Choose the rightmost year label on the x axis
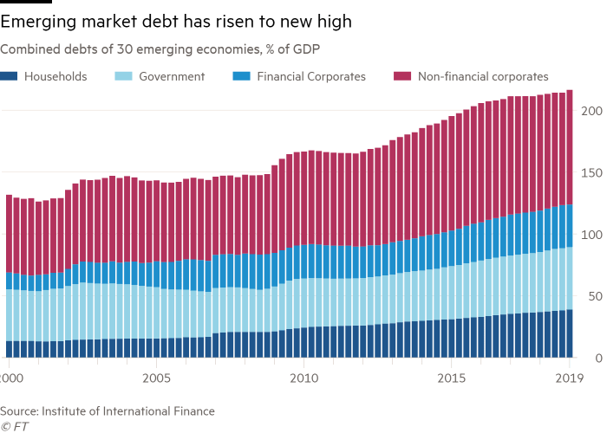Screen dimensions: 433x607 point(568,378)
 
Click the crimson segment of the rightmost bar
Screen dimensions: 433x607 point(571,147)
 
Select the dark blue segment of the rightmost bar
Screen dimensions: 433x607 point(571,333)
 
